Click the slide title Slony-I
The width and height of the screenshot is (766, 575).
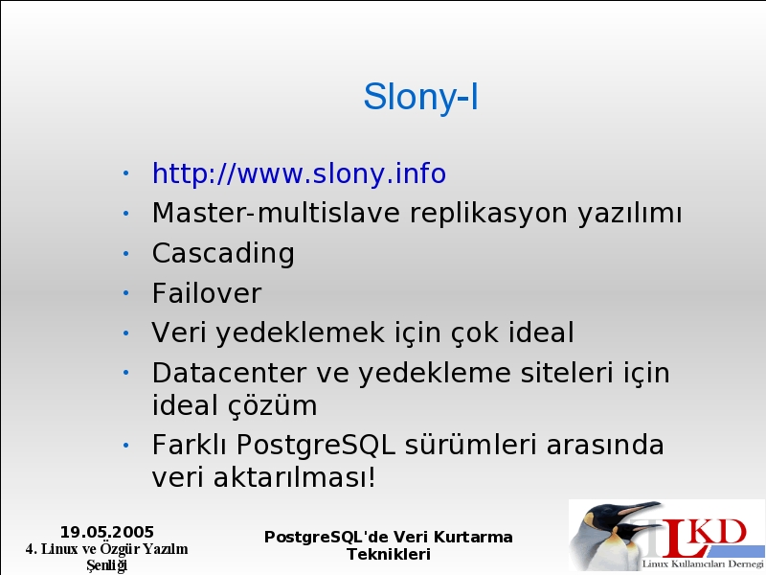[420, 97]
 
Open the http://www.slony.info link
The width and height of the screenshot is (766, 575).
[299, 173]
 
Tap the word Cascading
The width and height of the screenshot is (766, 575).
[223, 254]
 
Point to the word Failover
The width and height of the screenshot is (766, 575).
[207, 293]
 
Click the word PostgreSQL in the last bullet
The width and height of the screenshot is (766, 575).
[316, 446]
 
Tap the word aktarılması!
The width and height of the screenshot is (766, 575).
[295, 477]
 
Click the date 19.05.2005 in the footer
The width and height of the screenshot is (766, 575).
[107, 532]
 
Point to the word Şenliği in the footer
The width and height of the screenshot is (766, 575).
[107, 565]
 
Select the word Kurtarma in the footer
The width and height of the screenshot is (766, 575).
[473, 537]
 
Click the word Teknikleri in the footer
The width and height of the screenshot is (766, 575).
[389, 555]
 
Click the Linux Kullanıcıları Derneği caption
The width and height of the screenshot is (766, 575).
[703, 563]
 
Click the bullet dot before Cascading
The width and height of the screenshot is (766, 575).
[126, 253]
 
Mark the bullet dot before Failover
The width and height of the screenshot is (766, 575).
[126, 293]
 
